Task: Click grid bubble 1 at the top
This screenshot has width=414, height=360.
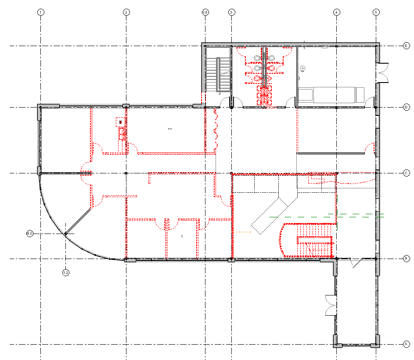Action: click(x=40, y=12)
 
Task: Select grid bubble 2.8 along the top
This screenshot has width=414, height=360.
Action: click(x=205, y=12)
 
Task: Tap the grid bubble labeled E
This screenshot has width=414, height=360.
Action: click(x=407, y=46)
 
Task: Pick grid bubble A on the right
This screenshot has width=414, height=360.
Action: click(x=407, y=344)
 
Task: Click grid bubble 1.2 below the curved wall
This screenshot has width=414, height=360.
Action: click(x=66, y=273)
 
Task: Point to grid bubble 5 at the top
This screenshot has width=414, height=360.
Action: click(x=376, y=12)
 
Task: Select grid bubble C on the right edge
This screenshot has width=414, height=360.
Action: click(x=407, y=173)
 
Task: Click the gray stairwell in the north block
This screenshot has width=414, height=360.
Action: click(x=218, y=75)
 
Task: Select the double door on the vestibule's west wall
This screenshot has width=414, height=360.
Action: click(x=330, y=305)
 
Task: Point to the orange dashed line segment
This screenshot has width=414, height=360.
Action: click(x=242, y=232)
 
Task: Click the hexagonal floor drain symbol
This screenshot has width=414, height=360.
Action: click(x=302, y=69)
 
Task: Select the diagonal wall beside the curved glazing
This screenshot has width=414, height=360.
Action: click(x=78, y=222)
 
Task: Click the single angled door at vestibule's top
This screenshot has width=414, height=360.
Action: click(x=356, y=263)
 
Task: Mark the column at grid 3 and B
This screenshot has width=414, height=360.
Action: click(x=231, y=260)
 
